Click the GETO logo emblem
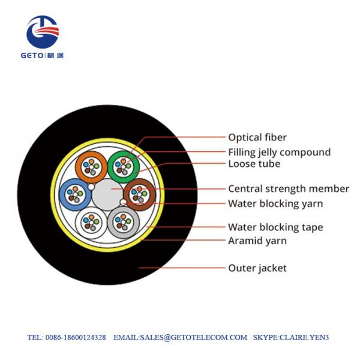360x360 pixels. [x=42, y=32]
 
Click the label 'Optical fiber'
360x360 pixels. [x=257, y=137]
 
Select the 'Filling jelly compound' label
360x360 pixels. [x=279, y=152]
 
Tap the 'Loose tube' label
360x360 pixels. [x=254, y=163]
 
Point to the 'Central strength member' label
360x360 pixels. [x=288, y=188]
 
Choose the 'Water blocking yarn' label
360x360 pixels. [x=275, y=203]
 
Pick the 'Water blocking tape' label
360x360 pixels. [x=275, y=227]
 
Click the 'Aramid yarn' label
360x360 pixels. [x=257, y=241]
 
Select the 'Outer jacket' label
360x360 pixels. [x=257, y=268]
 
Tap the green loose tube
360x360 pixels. [x=124, y=164]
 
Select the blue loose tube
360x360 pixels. [x=74, y=193]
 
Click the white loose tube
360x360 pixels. [x=91, y=223]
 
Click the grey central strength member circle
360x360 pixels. [x=107, y=194]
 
